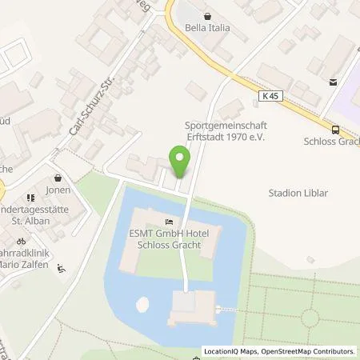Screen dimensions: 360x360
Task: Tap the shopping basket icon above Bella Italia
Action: [208, 15]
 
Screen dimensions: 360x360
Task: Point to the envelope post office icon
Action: [333, 82]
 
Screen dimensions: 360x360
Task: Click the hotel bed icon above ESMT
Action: [168, 222]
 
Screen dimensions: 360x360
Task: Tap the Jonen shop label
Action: [58, 192]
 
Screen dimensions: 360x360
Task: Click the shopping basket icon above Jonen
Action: [58, 178]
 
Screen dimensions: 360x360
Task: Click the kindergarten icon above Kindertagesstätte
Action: [30, 197]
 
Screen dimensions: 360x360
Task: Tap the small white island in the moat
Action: [142, 304]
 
